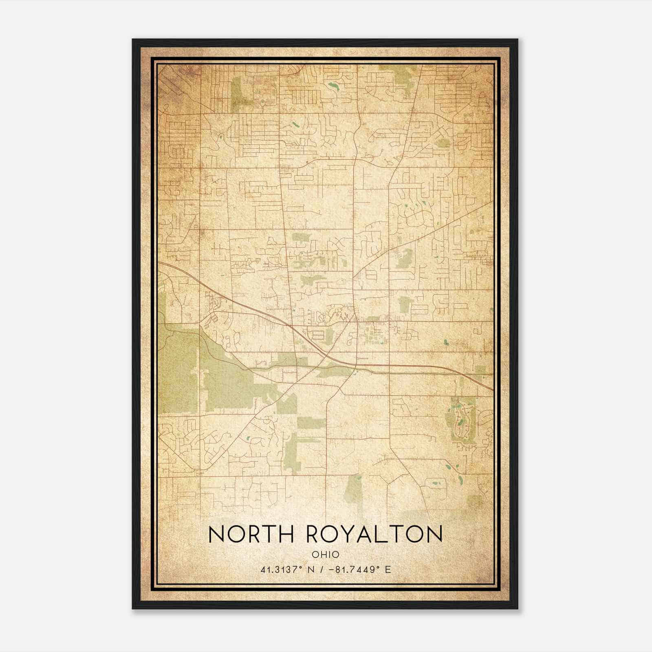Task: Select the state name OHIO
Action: point(325,555)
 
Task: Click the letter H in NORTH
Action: point(286,534)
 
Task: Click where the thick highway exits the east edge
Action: point(492,389)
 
